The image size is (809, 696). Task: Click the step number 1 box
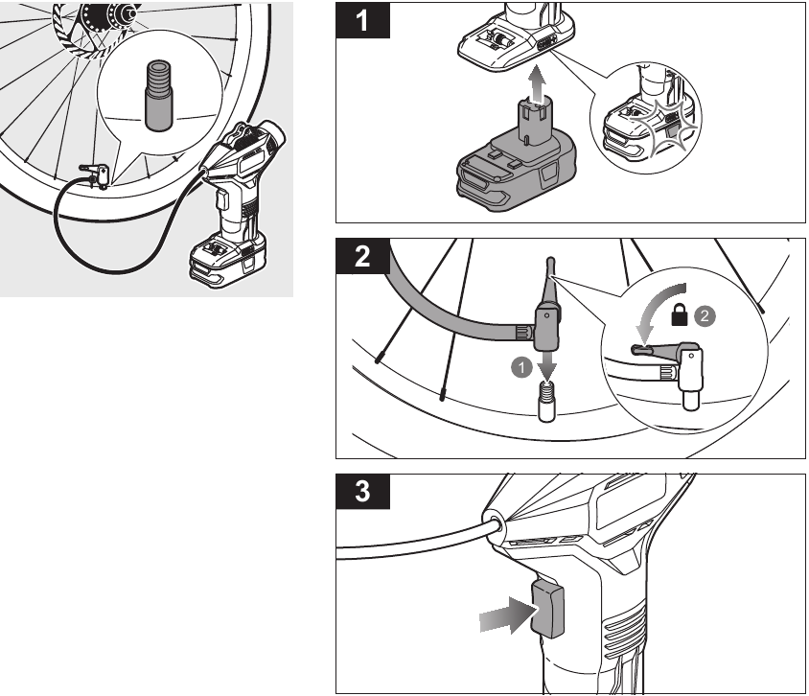(x=362, y=20)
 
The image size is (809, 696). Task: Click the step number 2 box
(x=362, y=256)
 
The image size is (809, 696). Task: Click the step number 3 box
(x=362, y=491)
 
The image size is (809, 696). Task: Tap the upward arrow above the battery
(x=538, y=83)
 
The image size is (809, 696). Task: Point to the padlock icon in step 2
(x=680, y=314)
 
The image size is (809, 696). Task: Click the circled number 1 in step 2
(x=521, y=368)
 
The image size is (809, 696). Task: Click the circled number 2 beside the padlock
(x=705, y=316)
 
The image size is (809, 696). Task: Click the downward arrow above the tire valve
(x=547, y=364)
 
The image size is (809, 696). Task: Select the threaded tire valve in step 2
(x=547, y=402)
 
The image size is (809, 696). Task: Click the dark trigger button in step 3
(x=547, y=608)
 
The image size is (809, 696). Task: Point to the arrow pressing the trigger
(x=507, y=615)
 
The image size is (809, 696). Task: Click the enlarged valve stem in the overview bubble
(x=158, y=96)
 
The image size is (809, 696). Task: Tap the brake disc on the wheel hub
(x=93, y=29)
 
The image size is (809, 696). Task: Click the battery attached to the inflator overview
(x=228, y=260)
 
